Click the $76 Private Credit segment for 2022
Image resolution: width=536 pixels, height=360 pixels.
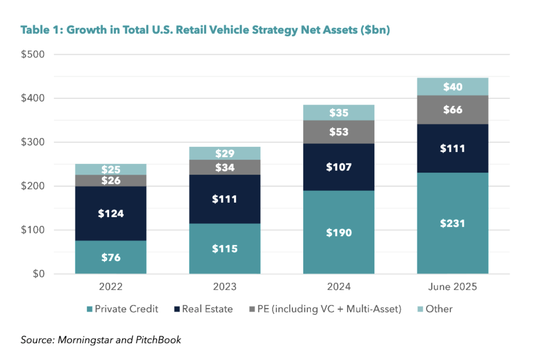point(111,257)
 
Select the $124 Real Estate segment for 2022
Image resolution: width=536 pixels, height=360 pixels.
point(111,214)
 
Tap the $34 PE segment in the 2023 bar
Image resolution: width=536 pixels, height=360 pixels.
point(225,168)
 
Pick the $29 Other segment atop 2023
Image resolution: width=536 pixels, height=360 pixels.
point(225,154)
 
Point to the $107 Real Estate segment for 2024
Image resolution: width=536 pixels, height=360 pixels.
point(339,167)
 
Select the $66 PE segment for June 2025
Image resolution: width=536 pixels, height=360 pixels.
point(453,110)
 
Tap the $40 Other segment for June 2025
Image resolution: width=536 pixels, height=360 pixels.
point(453,86)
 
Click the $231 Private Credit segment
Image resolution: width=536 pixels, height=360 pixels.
point(453,223)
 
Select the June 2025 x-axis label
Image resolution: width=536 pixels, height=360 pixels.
point(453,287)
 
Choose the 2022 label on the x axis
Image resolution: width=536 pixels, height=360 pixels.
point(111,287)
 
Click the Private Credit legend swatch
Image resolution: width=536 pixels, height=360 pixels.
point(90,309)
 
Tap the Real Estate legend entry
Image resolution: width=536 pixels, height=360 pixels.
point(203,309)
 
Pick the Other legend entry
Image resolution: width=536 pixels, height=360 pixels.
point(434,309)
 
